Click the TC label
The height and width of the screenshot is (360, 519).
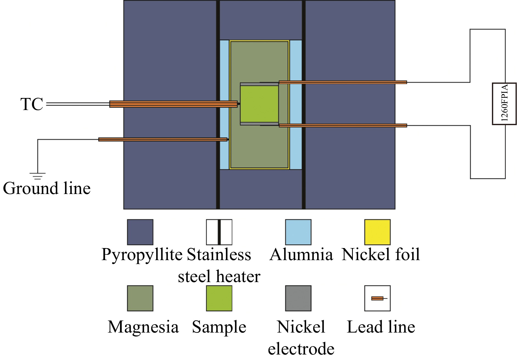tap(32, 104)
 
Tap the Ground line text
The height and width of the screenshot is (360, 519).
tap(47, 189)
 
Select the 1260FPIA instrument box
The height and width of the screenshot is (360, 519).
tap(504, 104)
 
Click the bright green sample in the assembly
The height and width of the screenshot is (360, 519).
tap(259, 104)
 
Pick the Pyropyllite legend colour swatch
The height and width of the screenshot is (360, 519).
tap(140, 232)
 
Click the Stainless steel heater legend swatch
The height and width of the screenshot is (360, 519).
tap(219, 232)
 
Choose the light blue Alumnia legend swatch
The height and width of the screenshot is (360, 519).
tap(298, 232)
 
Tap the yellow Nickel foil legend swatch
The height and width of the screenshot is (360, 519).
tap(377, 232)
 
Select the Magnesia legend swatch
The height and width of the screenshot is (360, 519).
tap(140, 298)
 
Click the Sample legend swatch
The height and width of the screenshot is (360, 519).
tap(219, 298)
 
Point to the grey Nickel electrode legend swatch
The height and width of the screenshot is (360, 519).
tap(298, 298)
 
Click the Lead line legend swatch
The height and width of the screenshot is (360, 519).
tap(377, 298)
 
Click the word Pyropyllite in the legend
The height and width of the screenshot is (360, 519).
tap(142, 255)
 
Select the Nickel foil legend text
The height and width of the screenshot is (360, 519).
tap(381, 254)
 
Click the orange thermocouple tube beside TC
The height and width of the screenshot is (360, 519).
tap(173, 104)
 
